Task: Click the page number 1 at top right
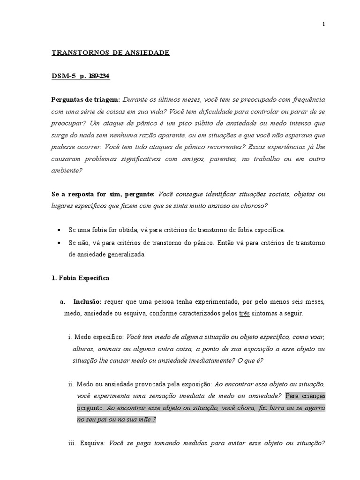click(x=324, y=25)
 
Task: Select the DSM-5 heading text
click(x=63, y=76)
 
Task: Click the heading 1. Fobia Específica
click(x=80, y=278)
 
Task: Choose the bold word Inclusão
click(x=87, y=301)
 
